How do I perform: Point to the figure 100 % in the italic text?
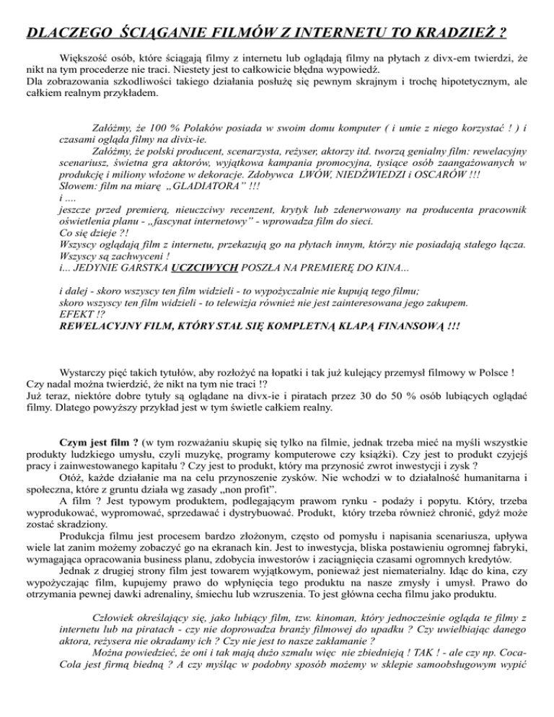(x=171, y=131)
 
